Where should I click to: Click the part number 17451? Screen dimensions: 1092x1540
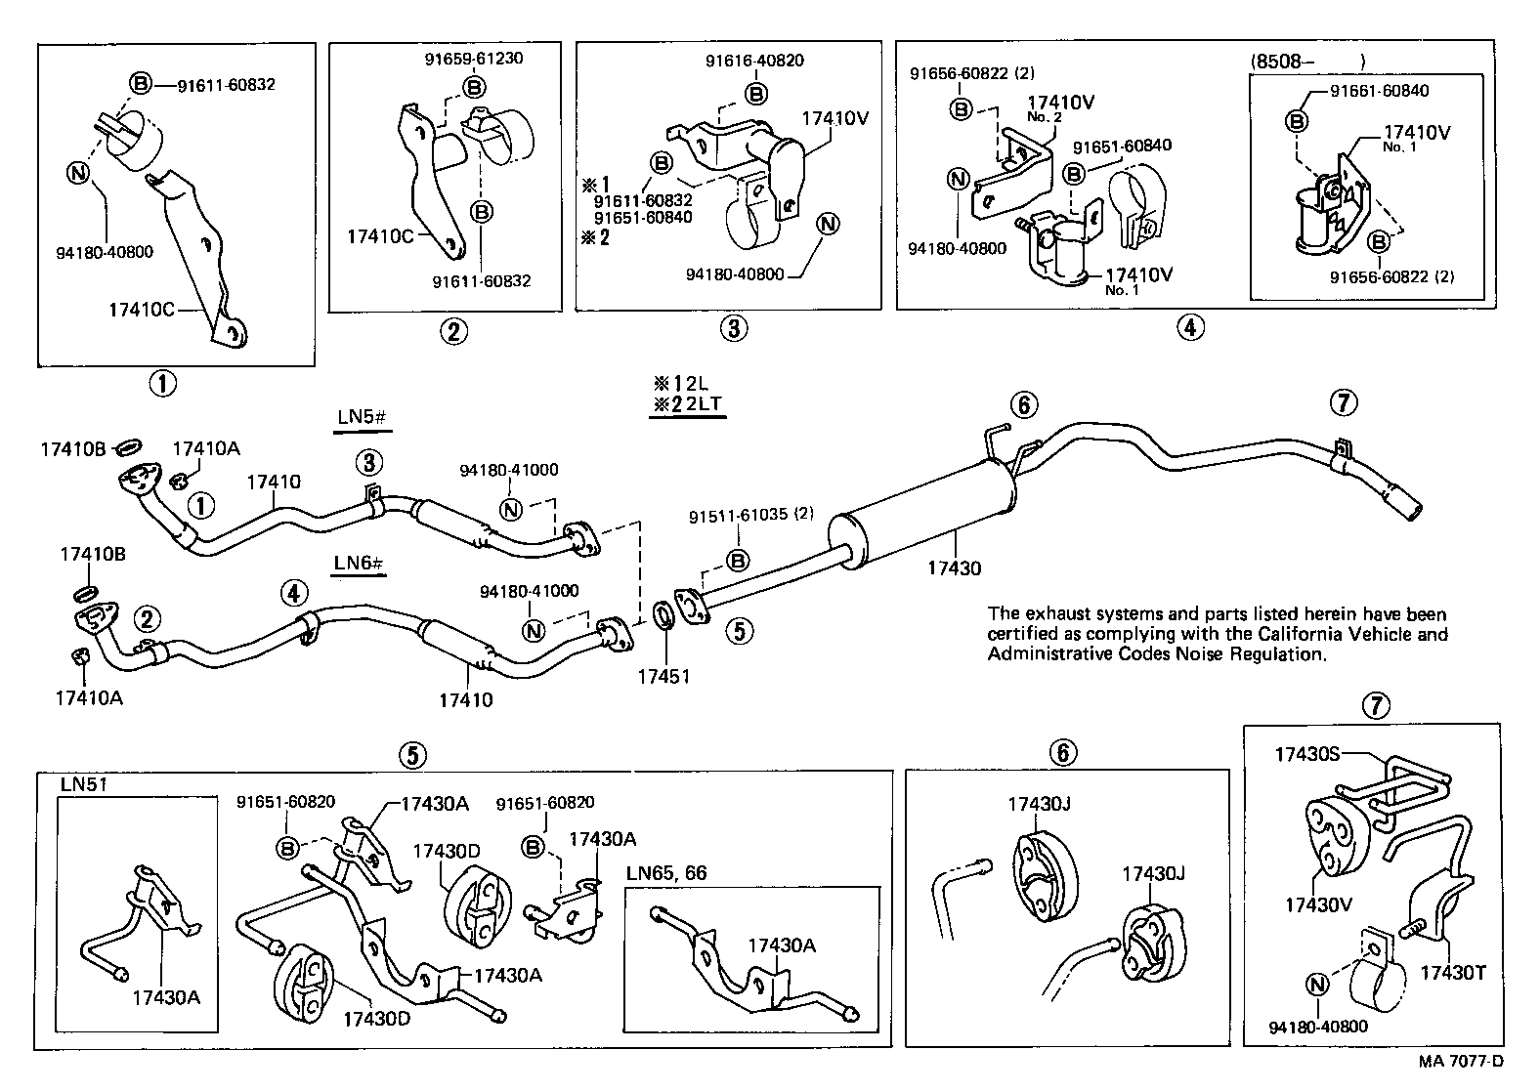pyautogui.click(x=664, y=677)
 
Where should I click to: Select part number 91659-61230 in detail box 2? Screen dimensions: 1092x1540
pyautogui.click(x=473, y=58)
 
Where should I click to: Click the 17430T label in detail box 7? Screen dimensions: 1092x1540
pyautogui.click(x=1452, y=972)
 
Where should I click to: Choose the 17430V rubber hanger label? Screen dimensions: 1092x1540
pyautogui.click(x=1318, y=905)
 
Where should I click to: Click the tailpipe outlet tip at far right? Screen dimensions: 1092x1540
pyautogui.click(x=1410, y=509)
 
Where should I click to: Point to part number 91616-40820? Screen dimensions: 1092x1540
pyautogui.click(x=754, y=61)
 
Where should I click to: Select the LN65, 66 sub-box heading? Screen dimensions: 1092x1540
pyautogui.click(x=667, y=873)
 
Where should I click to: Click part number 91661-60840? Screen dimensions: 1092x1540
pyautogui.click(x=1379, y=91)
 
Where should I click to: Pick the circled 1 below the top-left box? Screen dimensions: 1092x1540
pyautogui.click(x=162, y=384)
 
